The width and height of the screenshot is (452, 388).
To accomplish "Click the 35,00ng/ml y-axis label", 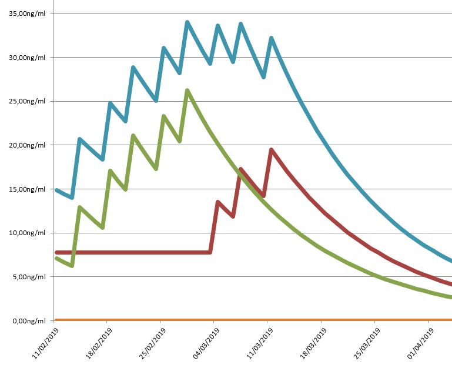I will (x=28, y=14).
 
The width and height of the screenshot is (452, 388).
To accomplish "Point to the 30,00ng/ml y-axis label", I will (x=28, y=58).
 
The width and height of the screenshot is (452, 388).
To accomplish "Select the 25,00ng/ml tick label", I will (x=28, y=101).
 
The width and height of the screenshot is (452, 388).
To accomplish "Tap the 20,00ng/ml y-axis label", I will (x=28, y=145).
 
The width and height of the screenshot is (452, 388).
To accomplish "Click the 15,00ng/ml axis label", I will (x=28, y=189).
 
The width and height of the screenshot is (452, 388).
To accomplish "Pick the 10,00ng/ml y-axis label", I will (x=28, y=233).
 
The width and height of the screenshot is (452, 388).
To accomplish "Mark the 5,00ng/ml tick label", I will (x=29, y=277).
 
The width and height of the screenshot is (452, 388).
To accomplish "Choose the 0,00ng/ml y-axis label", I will (x=29, y=321).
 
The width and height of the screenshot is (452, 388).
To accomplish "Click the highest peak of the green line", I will (x=187, y=91).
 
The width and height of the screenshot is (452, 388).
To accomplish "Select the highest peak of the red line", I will (x=271, y=150).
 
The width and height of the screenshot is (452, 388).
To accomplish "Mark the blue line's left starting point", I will (x=56, y=190).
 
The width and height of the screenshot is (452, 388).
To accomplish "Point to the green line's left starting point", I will (x=56, y=258).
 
